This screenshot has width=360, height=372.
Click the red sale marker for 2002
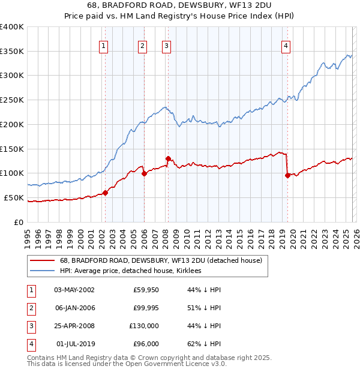105,193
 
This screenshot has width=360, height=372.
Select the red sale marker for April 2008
168,158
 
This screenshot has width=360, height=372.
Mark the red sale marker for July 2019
287,175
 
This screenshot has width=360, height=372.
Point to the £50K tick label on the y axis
13,197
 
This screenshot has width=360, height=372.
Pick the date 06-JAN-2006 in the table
74,308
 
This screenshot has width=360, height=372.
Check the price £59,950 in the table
146,290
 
